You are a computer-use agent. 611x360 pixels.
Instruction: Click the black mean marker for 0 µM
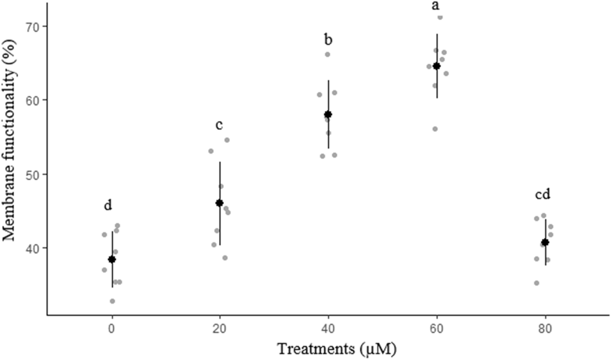coord(112,259)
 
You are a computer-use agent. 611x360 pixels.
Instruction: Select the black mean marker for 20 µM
coord(220,203)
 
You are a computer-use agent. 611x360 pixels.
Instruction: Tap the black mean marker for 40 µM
coord(328,114)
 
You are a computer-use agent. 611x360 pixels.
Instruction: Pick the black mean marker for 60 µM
coord(436,66)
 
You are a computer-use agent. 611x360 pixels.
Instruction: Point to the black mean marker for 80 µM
coord(545,242)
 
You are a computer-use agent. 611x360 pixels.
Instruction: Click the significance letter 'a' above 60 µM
coord(436,6)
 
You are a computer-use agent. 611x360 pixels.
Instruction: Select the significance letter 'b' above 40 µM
coord(328,40)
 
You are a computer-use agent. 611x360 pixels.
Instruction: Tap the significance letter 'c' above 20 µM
coord(219,125)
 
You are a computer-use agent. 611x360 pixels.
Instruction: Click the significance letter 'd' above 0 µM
coord(108,206)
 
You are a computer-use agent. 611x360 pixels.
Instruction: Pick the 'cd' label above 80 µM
coord(543,195)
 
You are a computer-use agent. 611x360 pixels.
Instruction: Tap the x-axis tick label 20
coord(220,329)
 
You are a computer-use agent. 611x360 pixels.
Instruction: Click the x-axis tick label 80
coord(545,329)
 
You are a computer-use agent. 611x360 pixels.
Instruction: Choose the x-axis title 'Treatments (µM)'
coord(336,349)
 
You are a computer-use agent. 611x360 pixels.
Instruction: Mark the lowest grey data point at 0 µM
coord(112,301)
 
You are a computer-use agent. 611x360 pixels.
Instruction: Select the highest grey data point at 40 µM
coord(328,54)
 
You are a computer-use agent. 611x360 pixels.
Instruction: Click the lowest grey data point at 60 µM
coord(435,129)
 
